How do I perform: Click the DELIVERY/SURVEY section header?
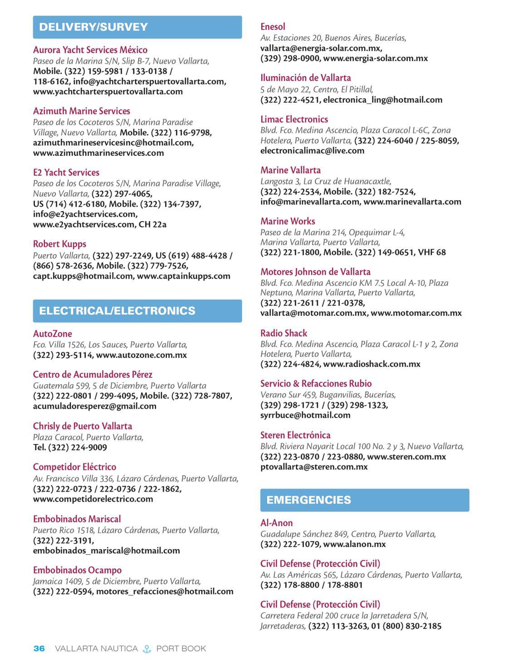click(x=137, y=27)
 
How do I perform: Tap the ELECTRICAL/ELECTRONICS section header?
click(x=137, y=311)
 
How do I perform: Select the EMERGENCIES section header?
click(x=364, y=500)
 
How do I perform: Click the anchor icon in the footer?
click(x=147, y=649)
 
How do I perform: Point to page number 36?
click(x=39, y=649)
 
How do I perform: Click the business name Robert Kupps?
click(x=59, y=244)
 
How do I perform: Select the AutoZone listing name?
click(x=53, y=334)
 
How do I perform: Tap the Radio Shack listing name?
click(x=283, y=333)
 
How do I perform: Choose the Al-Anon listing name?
click(x=277, y=523)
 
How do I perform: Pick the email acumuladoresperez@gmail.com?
click(x=95, y=406)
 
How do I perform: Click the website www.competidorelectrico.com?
click(x=93, y=499)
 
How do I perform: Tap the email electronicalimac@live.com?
click(x=312, y=150)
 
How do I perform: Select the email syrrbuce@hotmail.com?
click(x=305, y=415)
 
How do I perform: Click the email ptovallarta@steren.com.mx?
click(x=314, y=467)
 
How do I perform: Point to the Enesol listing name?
click(x=273, y=27)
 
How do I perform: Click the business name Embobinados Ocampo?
click(x=77, y=570)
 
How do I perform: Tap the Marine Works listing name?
click(x=288, y=221)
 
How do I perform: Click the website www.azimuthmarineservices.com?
click(x=98, y=153)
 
